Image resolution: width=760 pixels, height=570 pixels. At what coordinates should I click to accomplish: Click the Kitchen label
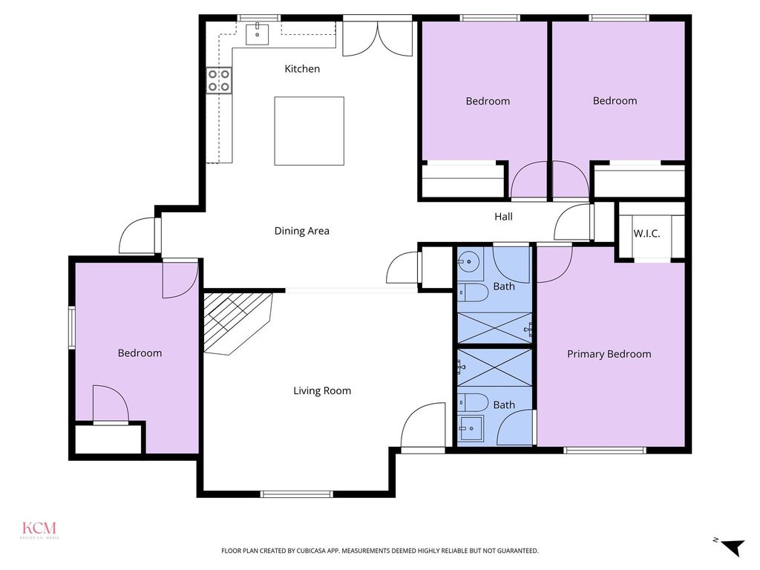click(302, 69)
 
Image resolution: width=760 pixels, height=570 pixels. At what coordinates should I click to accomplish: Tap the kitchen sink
click(257, 34)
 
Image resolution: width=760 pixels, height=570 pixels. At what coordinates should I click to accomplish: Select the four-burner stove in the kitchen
click(219, 80)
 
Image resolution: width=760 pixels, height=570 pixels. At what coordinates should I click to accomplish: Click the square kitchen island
click(309, 131)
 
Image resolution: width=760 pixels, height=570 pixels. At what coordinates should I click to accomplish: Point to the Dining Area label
click(301, 232)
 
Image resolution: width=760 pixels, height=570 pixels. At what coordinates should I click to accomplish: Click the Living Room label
click(322, 390)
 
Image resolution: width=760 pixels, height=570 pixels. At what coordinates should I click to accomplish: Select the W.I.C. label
click(646, 234)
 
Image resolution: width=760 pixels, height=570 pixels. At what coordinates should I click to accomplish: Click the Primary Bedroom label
click(609, 354)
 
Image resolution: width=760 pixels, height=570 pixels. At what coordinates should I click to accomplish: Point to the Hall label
click(503, 217)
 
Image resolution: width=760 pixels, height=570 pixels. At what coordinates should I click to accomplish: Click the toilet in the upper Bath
click(473, 292)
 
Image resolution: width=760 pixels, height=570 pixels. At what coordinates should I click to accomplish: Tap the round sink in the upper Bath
click(469, 262)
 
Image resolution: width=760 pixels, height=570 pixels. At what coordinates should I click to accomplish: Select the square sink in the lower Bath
click(471, 428)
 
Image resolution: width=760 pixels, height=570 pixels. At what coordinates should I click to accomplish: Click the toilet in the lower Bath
click(473, 402)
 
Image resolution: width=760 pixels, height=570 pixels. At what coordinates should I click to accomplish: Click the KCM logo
click(39, 529)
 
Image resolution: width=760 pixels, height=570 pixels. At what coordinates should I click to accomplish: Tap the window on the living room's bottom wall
click(297, 494)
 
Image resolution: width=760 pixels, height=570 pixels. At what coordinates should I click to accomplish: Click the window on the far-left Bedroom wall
click(72, 327)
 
